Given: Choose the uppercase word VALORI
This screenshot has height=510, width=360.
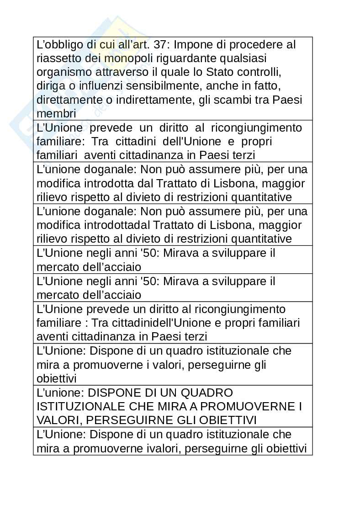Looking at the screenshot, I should (x=57, y=420).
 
